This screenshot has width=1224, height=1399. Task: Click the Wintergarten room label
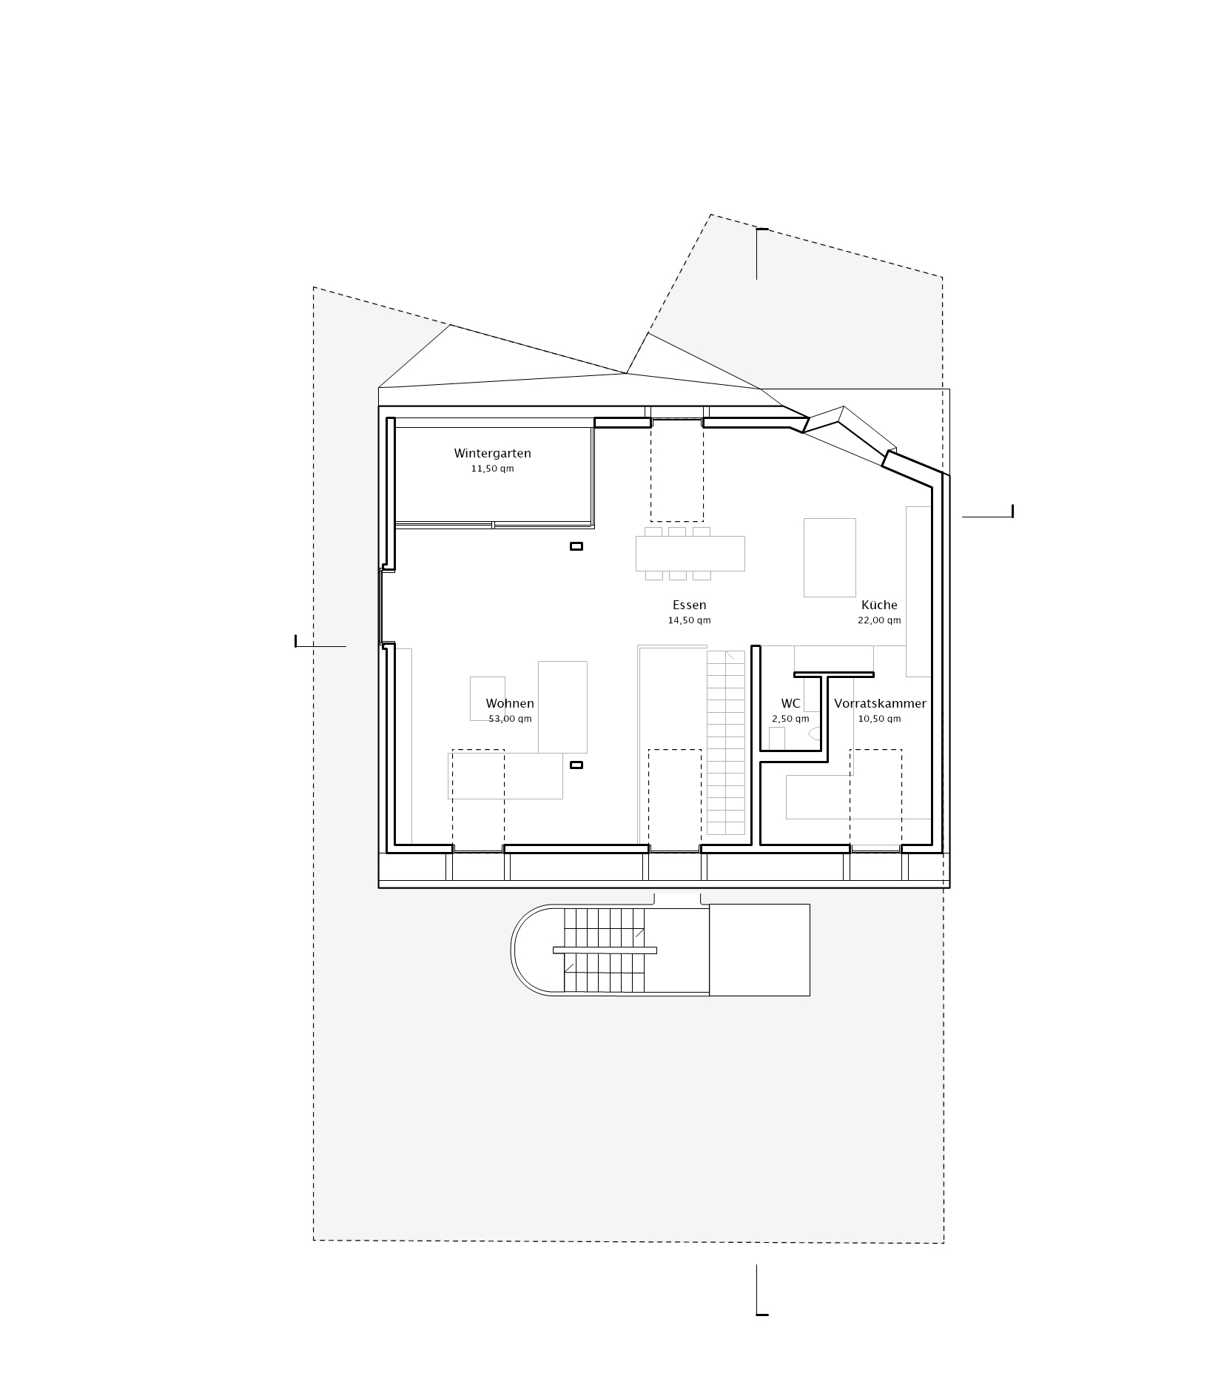(x=492, y=453)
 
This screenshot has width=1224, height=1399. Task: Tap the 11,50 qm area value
(x=492, y=469)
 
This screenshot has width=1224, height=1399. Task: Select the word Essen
(x=689, y=605)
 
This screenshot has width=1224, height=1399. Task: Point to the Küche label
(x=879, y=605)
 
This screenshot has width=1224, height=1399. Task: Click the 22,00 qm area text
(x=879, y=620)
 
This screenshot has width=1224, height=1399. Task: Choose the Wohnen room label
(x=510, y=703)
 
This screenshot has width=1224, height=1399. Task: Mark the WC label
(x=790, y=703)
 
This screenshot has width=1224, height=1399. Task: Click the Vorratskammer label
(x=880, y=703)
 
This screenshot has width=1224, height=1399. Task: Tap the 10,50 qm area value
(x=879, y=719)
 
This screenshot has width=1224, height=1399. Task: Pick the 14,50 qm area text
(x=689, y=620)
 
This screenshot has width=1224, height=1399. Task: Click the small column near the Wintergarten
(x=576, y=546)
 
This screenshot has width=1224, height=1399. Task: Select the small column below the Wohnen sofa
(x=576, y=765)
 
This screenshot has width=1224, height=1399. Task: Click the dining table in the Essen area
(x=690, y=554)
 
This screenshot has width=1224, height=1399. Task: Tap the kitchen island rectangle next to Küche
(x=830, y=557)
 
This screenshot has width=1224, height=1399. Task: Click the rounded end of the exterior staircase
(x=527, y=950)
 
